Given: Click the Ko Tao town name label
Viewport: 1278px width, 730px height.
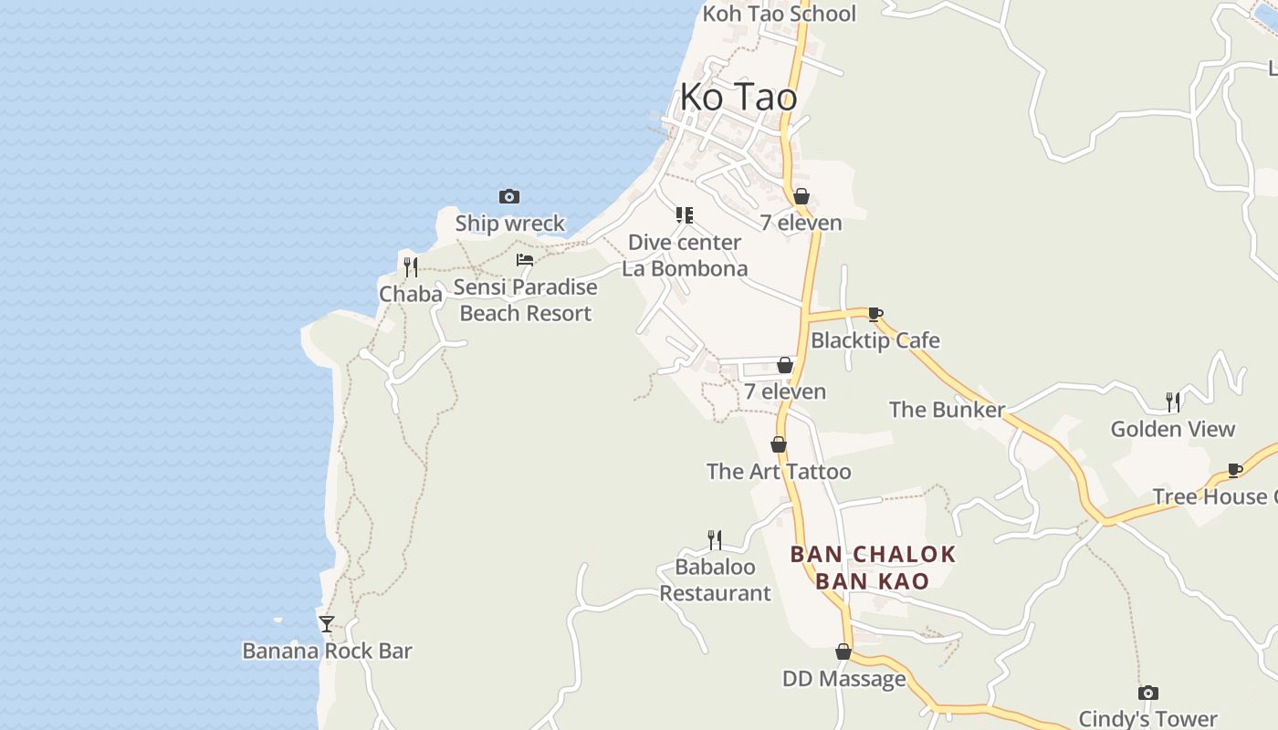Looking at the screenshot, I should pos(739,97).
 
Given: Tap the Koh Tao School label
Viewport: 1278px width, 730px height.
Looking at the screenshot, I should pos(779,14).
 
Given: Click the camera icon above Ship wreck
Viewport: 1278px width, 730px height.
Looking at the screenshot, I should pos(509,196).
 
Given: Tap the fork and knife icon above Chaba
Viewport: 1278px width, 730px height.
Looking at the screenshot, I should pos(411,267).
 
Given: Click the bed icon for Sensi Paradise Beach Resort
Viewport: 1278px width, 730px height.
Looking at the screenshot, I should pos(525,260).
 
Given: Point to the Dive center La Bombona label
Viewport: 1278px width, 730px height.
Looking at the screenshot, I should pos(685,255).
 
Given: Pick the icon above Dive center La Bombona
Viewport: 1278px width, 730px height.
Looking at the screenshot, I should pos(684,215).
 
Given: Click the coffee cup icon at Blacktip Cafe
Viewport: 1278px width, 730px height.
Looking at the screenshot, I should pos(875,315).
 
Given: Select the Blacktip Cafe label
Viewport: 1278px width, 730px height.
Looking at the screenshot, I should pos(875,340).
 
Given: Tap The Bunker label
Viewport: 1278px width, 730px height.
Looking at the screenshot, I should pos(948,410).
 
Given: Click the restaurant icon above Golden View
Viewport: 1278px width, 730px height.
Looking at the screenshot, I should pos(1173,401).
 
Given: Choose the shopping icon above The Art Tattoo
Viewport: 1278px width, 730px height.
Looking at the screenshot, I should pos(779,444).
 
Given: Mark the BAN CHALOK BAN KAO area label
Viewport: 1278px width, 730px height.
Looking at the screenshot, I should pos(873,568).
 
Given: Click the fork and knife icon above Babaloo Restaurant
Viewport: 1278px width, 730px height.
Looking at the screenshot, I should pos(715,540).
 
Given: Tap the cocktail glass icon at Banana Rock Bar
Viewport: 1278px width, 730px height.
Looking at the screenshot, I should pos(327,624).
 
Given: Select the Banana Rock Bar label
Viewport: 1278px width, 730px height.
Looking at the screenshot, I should pos(327,651).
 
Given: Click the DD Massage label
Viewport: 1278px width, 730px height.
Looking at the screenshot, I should pos(844,679).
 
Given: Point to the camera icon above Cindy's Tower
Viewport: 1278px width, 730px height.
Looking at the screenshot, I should pos(1148,693).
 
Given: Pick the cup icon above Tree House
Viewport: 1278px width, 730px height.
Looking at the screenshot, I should pos(1235,471).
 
